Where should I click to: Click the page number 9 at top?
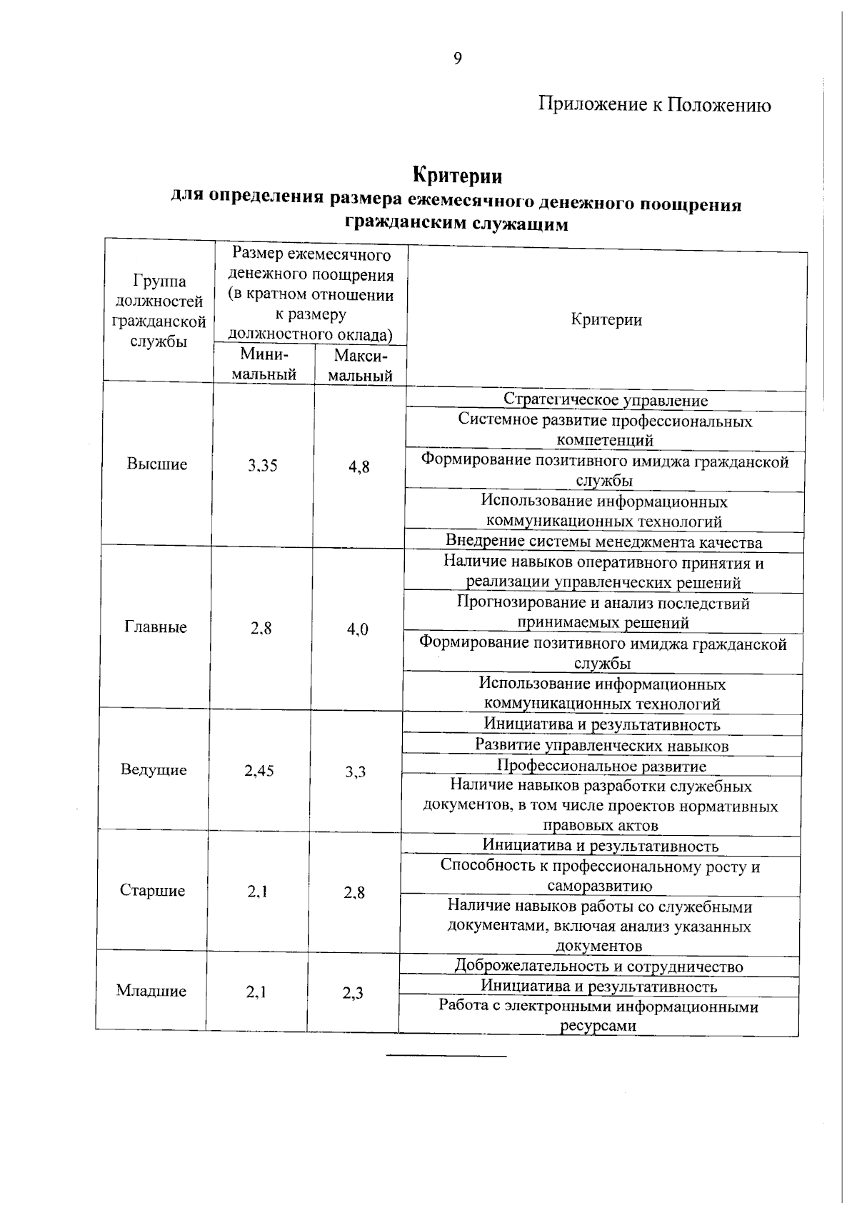(457, 59)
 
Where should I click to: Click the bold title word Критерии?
(457, 175)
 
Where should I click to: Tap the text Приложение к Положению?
(654, 105)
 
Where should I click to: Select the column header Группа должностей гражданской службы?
(159, 311)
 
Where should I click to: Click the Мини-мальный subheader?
(264, 364)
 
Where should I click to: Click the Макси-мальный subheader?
(360, 366)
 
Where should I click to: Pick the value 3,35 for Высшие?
(263, 466)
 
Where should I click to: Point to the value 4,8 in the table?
(359, 467)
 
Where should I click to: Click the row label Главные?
(156, 627)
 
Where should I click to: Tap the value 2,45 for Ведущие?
(259, 771)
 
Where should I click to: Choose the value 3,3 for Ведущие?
(356, 772)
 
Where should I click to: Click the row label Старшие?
(152, 891)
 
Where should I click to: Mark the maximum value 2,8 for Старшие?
(354, 892)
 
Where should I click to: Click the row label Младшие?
(151, 991)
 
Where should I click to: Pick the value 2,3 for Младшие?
(353, 993)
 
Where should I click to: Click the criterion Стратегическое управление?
(606, 400)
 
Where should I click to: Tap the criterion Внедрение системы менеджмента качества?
(603, 542)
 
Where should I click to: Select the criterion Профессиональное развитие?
(601, 767)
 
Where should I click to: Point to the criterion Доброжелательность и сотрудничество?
(598, 967)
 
